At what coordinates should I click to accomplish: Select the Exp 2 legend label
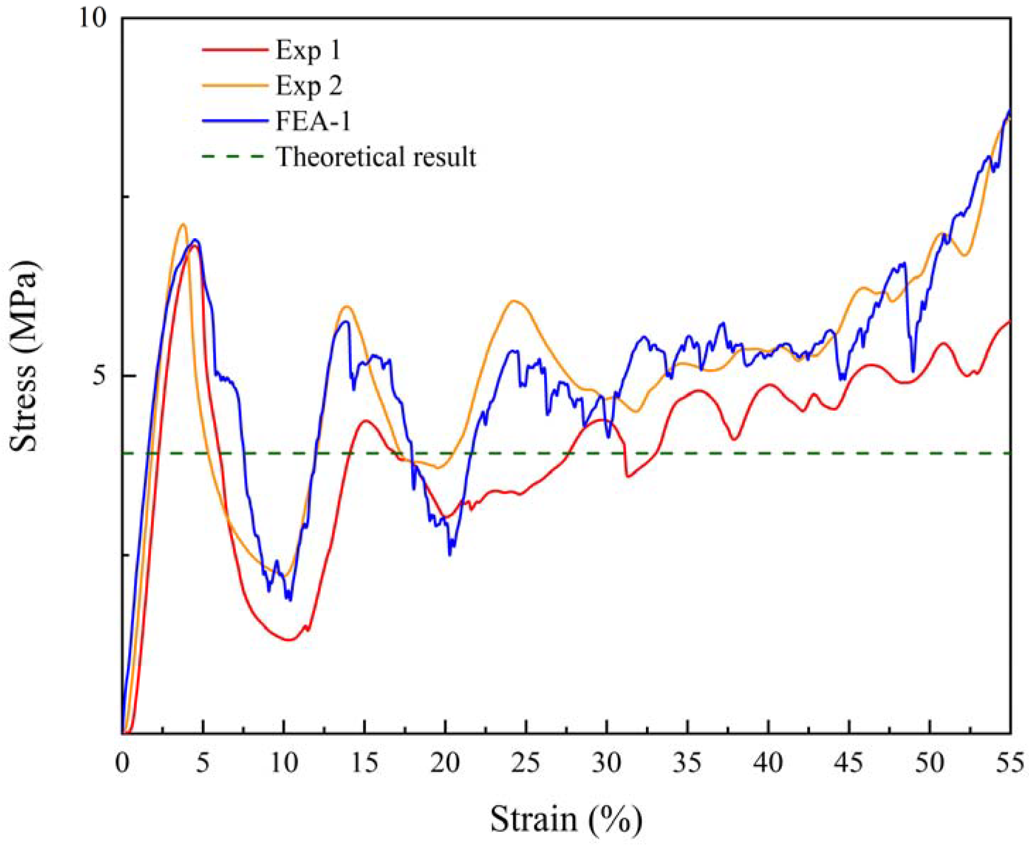click(x=309, y=86)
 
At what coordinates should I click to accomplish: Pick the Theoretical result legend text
click(x=376, y=157)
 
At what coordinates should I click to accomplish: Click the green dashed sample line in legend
click(x=234, y=157)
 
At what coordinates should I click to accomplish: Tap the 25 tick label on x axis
click(x=526, y=764)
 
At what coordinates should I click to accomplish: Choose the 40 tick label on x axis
click(x=768, y=764)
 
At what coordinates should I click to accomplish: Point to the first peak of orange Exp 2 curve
click(x=183, y=224)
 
